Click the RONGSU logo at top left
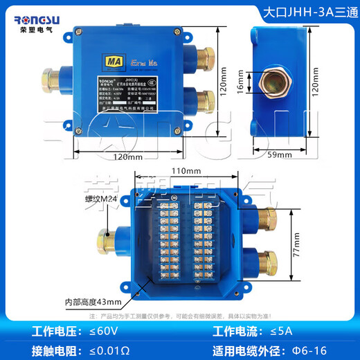coord(39,16)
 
